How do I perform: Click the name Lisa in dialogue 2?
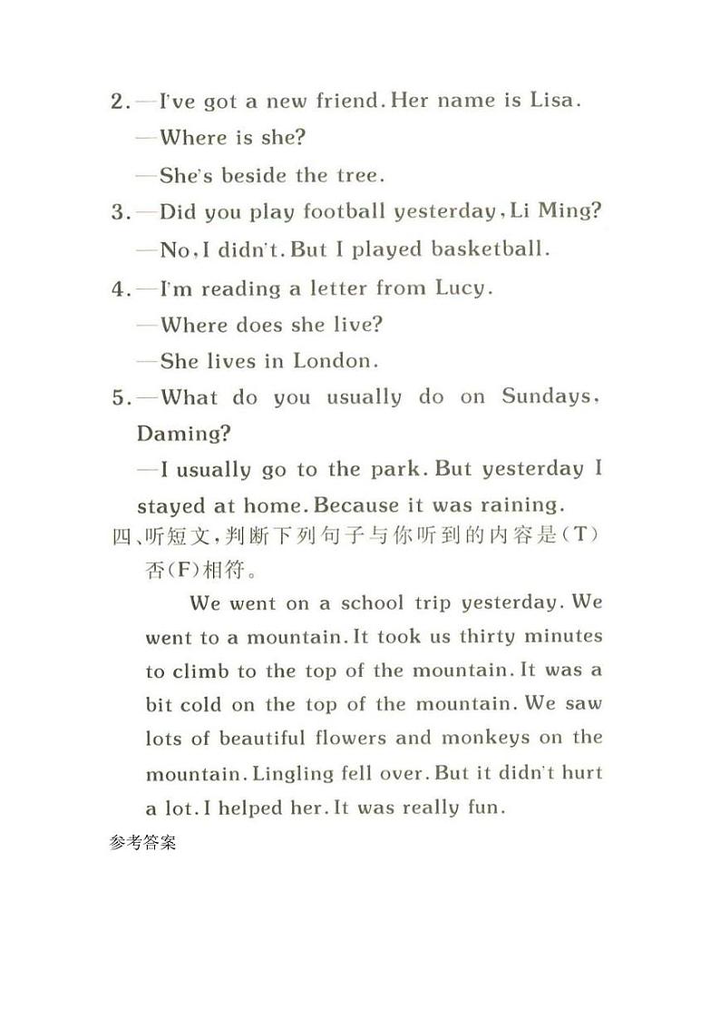click(552, 101)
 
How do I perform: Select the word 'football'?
click(344, 211)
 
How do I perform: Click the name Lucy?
click(463, 289)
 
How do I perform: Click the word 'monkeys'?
click(486, 738)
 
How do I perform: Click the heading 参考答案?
click(142, 841)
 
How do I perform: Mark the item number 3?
click(121, 212)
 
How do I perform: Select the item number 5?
click(121, 397)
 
